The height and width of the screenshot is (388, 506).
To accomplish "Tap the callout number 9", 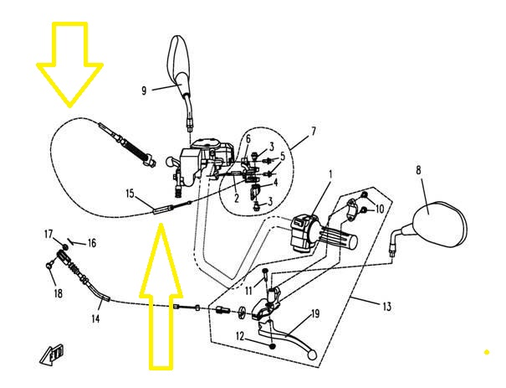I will point(144,91).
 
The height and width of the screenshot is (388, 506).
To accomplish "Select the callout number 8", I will point(418,170).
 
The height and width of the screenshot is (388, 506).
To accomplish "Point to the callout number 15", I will point(130,194).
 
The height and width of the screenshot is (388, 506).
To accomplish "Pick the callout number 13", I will point(386,307).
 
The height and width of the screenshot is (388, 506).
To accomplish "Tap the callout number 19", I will point(316,314).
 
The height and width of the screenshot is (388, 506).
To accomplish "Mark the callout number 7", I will point(313,132).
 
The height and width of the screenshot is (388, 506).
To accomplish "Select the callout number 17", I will point(49,234).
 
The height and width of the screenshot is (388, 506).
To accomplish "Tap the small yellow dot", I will point(486,351).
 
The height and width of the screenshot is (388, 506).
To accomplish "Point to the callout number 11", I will point(248,290).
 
